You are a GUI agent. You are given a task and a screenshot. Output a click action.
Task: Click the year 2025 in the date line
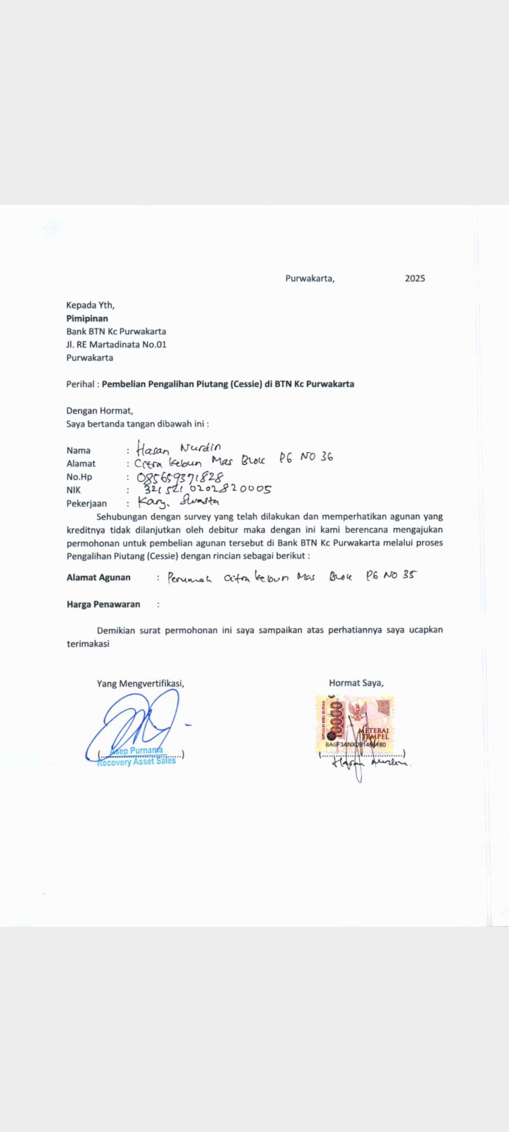pyautogui.click(x=415, y=279)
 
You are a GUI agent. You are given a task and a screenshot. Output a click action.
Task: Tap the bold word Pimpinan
pyautogui.click(x=87, y=318)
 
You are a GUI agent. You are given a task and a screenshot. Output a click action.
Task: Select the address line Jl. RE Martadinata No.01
pyautogui.click(x=116, y=345)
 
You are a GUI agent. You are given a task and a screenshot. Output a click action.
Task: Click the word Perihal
pyautogui.click(x=80, y=384)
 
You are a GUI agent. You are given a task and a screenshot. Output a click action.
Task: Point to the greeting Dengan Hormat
pyautogui.click(x=100, y=410)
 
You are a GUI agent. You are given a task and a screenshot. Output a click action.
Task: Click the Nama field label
pyautogui.click(x=78, y=451)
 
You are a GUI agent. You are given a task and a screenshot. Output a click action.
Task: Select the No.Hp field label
pyautogui.click(x=79, y=477)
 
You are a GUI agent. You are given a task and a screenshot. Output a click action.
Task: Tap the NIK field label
pyautogui.click(x=74, y=490)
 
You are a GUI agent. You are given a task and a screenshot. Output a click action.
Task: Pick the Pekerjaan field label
pyautogui.click(x=86, y=504)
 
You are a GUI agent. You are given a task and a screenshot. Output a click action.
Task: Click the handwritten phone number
pyautogui.click(x=180, y=477)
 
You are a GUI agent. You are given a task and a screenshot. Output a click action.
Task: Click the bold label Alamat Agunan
pyautogui.click(x=98, y=577)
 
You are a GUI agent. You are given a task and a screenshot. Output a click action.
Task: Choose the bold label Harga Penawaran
pyautogui.click(x=103, y=604)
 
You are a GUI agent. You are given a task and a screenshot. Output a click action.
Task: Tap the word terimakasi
pyautogui.click(x=88, y=644)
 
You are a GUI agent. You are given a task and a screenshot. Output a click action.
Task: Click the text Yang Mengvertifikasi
pyautogui.click(x=140, y=683)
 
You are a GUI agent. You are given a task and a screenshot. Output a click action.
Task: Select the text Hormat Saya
pyautogui.click(x=356, y=683)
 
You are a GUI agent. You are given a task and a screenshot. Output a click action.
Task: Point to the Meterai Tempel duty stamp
pyautogui.click(x=354, y=724)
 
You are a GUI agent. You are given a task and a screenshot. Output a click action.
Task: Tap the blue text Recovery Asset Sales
pyautogui.click(x=136, y=761)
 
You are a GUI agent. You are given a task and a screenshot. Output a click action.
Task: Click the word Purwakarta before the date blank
pyautogui.click(x=310, y=279)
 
